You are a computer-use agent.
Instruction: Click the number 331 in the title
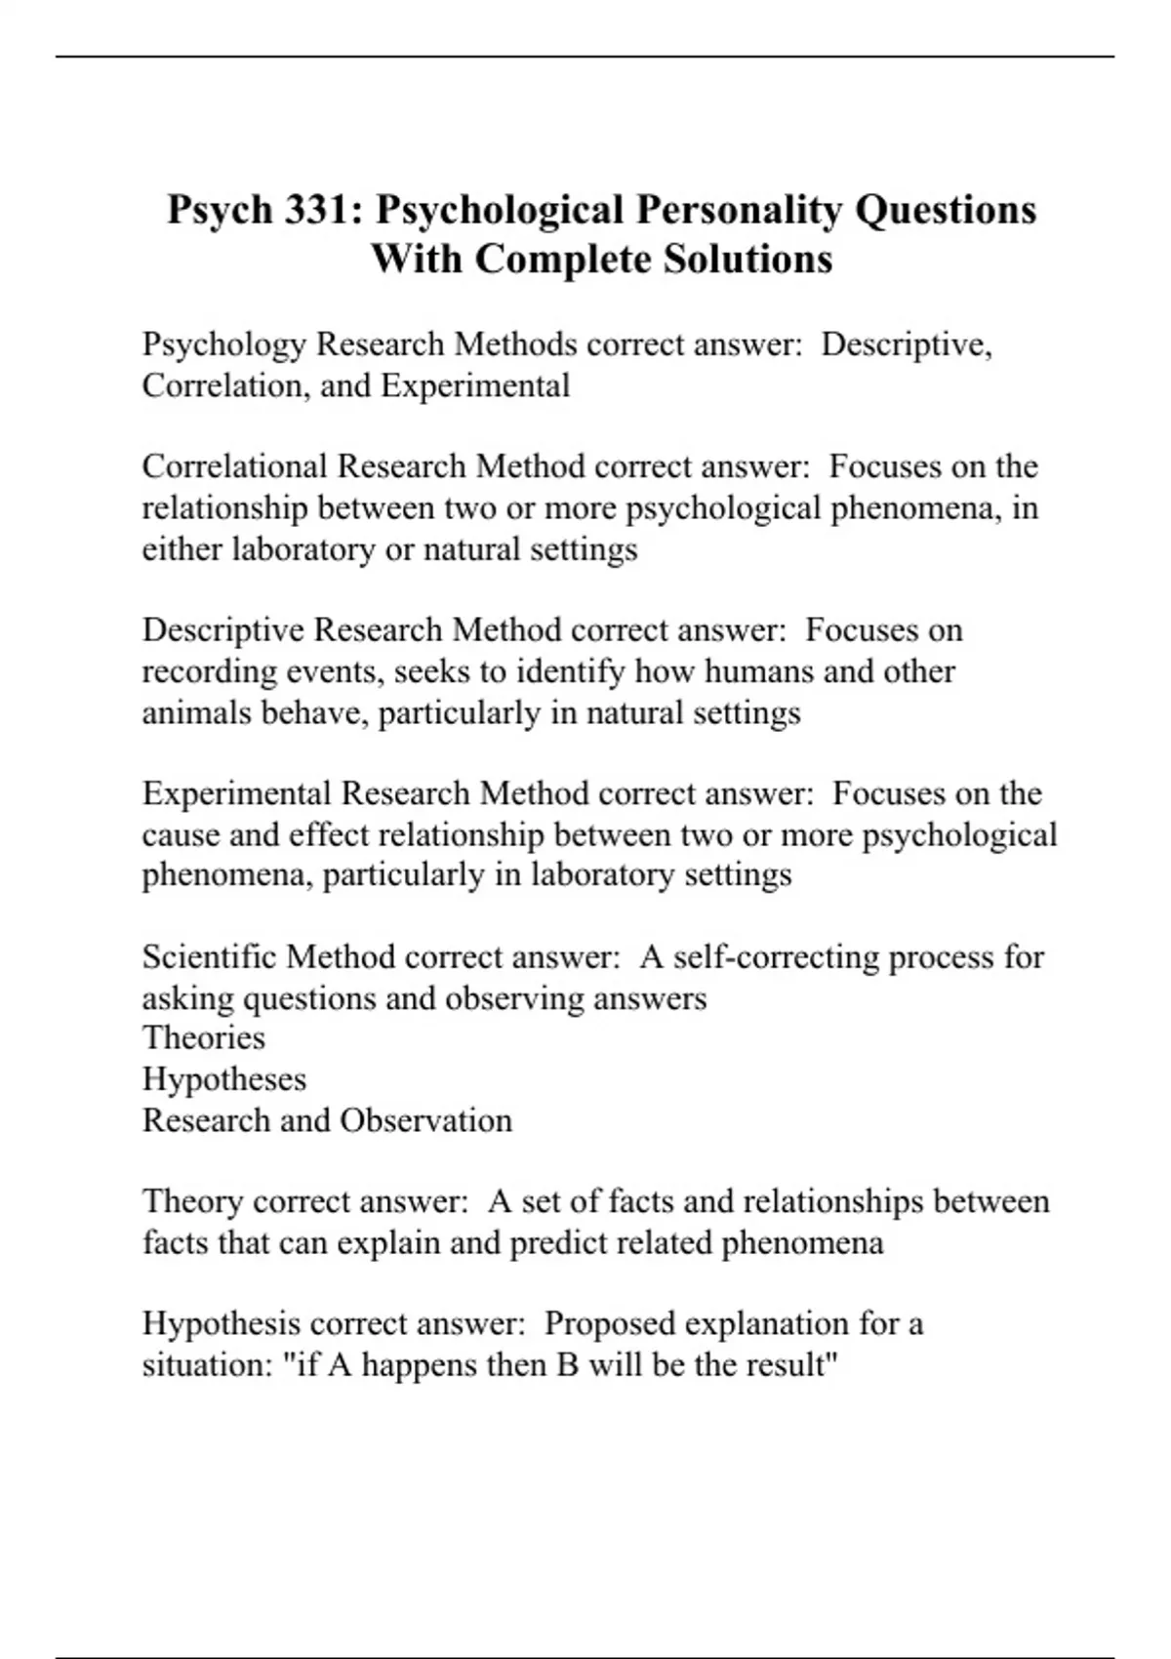click(313, 210)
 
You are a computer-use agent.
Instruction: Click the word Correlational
click(234, 466)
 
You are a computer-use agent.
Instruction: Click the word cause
click(177, 835)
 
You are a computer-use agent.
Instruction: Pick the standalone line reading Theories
click(203, 1037)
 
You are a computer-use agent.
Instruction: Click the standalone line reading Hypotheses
click(223, 1079)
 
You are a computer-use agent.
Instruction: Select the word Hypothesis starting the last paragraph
click(222, 1324)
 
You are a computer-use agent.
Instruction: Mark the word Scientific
click(210, 957)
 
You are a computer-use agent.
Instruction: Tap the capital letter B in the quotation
click(567, 1364)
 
